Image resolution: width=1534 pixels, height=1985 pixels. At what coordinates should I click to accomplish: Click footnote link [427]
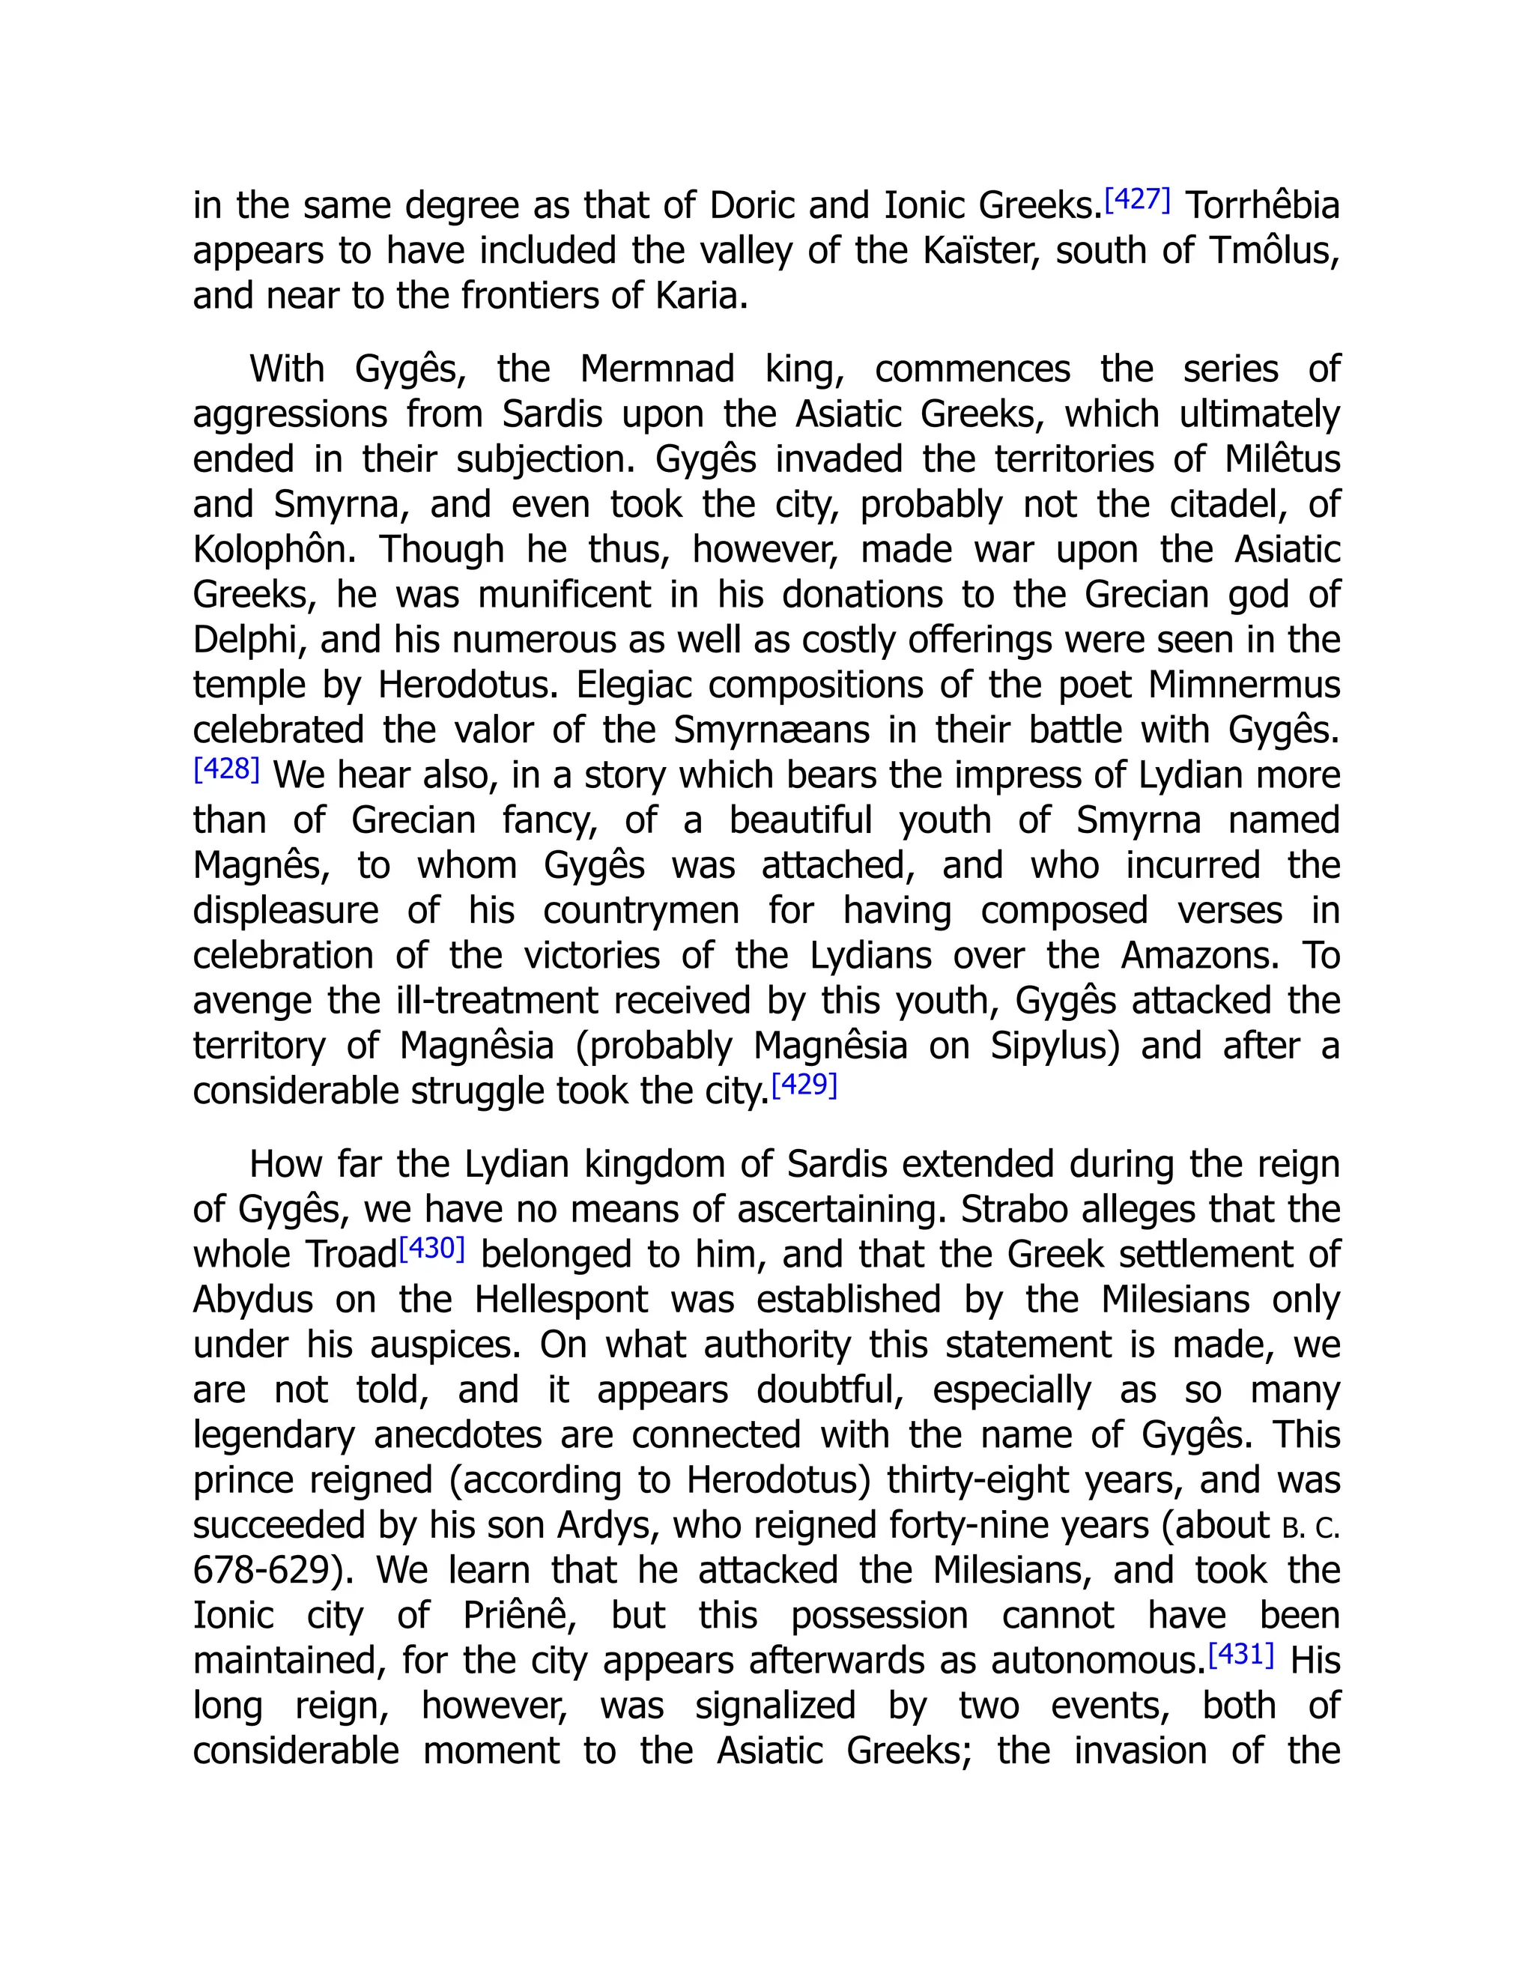1137,199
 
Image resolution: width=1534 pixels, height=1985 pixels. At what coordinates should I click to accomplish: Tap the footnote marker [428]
226,769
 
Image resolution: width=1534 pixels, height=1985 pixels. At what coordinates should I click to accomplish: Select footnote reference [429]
804,1085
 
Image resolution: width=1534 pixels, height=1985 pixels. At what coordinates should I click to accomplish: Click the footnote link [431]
1241,1654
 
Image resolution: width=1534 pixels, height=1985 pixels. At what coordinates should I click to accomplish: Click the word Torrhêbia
1263,206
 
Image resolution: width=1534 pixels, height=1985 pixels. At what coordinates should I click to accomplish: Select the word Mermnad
657,370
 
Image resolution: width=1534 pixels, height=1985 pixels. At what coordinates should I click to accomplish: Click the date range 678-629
274,1572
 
